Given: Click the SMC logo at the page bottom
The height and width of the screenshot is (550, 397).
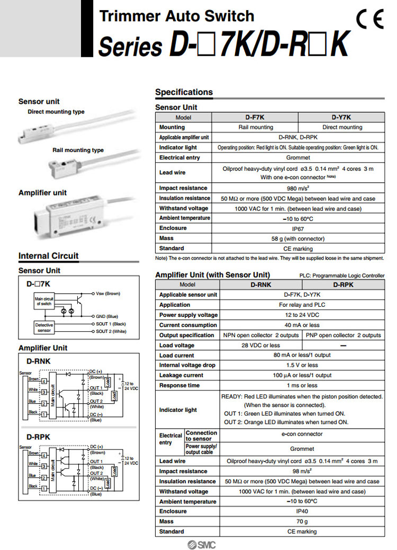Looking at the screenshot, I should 202,545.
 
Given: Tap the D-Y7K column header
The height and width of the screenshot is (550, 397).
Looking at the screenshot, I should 341,117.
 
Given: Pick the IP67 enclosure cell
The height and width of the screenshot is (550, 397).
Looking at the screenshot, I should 299,228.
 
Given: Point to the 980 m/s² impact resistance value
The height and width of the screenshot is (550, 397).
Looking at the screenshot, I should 299,188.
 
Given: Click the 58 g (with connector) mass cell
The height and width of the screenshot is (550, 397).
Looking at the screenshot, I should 299,238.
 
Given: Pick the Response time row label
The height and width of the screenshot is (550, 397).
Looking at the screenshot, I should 180,385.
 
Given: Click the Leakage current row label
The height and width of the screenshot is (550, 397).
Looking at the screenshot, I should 181,375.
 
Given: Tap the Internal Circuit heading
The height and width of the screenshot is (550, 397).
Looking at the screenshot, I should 48,256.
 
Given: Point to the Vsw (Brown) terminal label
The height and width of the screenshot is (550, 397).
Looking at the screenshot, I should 108,293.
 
